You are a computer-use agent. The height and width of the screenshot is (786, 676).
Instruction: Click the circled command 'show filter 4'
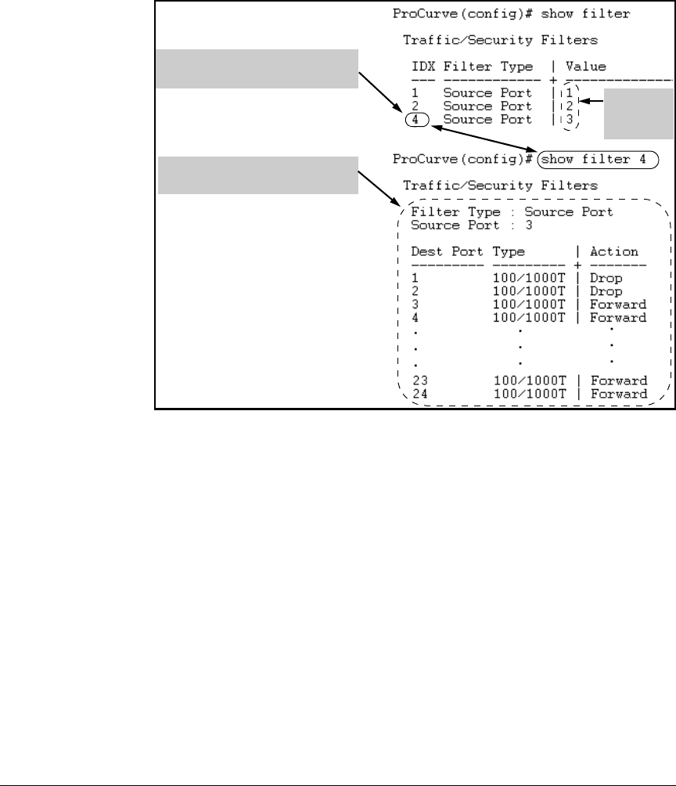[x=596, y=159]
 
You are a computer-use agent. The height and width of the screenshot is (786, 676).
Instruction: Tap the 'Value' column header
[x=586, y=67]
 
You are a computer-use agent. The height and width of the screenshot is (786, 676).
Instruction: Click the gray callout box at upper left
[x=257, y=69]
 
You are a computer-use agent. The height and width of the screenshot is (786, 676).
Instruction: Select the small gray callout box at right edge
[x=638, y=114]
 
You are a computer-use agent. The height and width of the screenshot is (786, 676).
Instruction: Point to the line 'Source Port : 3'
[x=460, y=225]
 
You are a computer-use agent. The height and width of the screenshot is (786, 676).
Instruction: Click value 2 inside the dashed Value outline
[x=570, y=106]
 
